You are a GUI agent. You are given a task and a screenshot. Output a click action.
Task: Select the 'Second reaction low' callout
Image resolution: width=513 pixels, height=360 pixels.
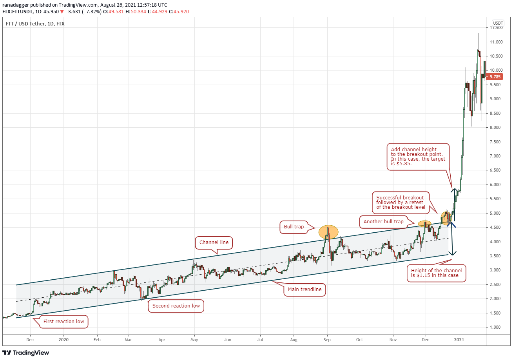click(x=176, y=306)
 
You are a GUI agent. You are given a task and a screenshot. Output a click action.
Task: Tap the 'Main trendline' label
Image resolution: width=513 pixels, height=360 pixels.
click(x=305, y=290)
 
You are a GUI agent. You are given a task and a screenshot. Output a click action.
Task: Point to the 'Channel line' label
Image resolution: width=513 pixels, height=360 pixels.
click(x=214, y=243)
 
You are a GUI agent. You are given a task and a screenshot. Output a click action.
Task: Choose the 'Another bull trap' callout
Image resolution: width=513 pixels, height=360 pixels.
click(x=383, y=222)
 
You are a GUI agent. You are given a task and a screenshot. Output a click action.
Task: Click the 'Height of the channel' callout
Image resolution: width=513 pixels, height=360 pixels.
click(x=436, y=273)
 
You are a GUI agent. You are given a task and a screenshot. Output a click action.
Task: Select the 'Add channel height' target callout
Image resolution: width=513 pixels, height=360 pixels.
click(x=417, y=157)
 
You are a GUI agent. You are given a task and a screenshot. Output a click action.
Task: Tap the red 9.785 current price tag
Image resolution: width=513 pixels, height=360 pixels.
click(x=497, y=77)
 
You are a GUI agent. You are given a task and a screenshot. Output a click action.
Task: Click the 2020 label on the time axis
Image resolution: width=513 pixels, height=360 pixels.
click(x=63, y=340)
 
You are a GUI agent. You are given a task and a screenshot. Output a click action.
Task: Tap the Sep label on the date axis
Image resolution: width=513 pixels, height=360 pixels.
click(x=327, y=340)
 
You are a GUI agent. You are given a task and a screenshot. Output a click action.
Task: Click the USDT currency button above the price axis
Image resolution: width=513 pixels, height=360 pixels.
click(x=498, y=23)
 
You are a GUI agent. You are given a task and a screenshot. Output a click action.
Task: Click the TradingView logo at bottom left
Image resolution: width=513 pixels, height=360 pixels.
click(x=26, y=353)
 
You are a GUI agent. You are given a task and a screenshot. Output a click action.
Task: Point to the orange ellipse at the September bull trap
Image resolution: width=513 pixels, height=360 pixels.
click(x=328, y=232)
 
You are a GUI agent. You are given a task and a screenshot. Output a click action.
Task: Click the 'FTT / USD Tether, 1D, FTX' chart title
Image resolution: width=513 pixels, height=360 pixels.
click(x=35, y=24)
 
